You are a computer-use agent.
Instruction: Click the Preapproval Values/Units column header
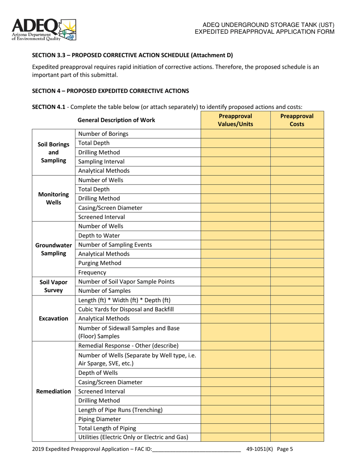click(235, 120)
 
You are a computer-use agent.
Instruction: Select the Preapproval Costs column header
click(297, 120)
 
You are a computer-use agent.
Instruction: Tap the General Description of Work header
click(116, 120)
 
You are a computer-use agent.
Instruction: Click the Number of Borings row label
click(103, 134)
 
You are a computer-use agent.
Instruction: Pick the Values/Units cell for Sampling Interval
click(235, 162)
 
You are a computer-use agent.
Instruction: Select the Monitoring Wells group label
click(54, 198)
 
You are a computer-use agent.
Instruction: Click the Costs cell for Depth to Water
click(297, 235)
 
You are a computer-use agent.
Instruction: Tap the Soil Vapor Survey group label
click(54, 286)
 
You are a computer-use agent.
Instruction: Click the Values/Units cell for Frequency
click(235, 272)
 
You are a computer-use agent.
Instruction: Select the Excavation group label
click(54, 319)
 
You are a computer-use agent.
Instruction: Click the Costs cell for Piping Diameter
click(297, 419)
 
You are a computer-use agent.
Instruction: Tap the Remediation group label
click(54, 391)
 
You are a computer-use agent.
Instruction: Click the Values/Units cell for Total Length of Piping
click(235, 428)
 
